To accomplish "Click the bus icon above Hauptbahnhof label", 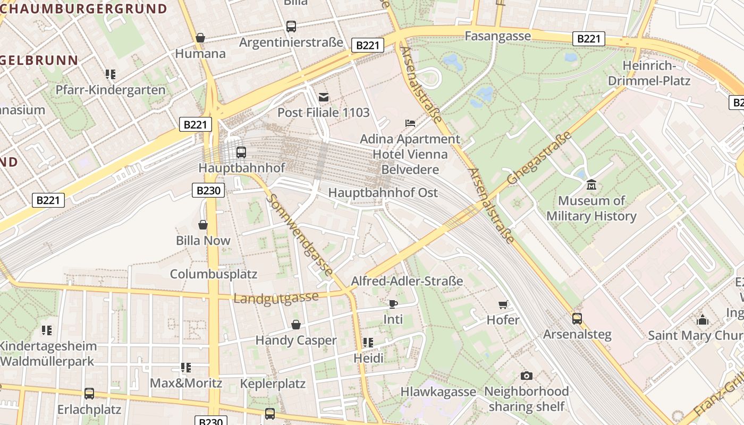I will coord(241,152).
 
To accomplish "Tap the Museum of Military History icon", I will coord(591,185).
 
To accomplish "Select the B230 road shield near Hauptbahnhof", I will coord(208,190).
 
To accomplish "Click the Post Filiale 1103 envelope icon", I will coord(323,97).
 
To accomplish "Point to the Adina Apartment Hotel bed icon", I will coord(410,123).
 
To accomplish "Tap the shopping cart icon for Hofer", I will coord(503,304).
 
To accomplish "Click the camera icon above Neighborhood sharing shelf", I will coord(526,376).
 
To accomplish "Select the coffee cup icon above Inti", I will coord(393,304).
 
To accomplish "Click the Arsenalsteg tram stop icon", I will coord(577,319).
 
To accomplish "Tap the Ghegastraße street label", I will coord(539,158).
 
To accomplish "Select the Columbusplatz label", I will coord(213,274).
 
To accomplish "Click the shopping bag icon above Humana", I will coord(200,38).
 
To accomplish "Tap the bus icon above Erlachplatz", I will coord(89,394).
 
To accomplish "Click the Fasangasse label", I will coord(497,36).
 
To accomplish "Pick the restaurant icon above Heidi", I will coord(368,343).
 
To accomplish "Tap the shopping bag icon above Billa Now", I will coord(203,225).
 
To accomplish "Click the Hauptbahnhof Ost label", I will coord(383,193).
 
